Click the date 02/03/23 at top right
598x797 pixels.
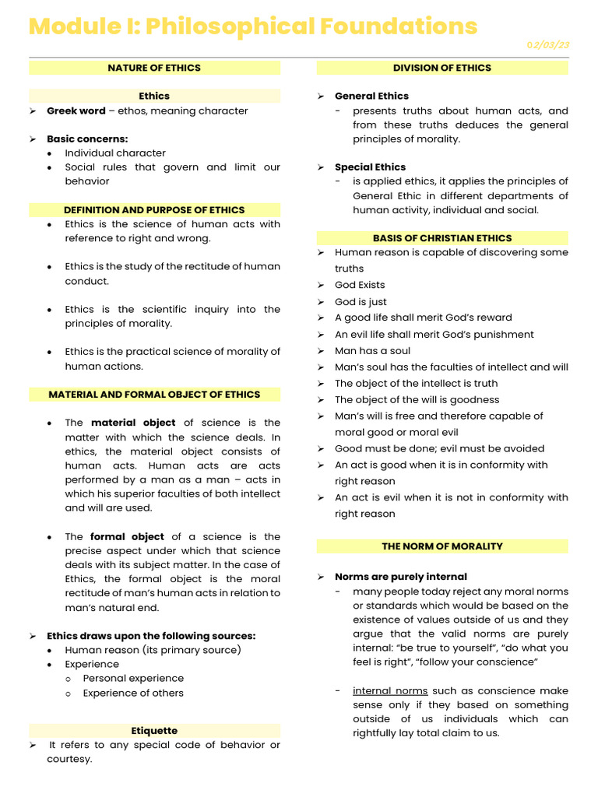(548, 45)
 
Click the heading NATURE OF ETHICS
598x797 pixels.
(154, 68)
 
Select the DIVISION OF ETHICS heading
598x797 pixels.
(441, 68)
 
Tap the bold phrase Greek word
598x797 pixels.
(76, 111)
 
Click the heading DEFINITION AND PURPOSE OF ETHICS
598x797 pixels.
(154, 209)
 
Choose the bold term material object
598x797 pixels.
(133, 423)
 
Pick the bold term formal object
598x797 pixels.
(127, 536)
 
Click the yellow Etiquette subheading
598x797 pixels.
(154, 731)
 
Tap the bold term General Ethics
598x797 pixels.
(371, 96)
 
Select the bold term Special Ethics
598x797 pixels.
(370, 167)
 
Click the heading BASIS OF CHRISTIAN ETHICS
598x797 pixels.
(442, 238)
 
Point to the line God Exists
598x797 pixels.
(360, 285)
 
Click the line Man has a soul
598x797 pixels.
(372, 351)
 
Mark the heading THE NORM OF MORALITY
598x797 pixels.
(442, 546)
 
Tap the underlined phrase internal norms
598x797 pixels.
(390, 690)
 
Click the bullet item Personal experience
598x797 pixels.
(133, 679)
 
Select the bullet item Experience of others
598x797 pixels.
(133, 693)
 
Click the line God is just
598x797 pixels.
(361, 302)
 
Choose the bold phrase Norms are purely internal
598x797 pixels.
(401, 577)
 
